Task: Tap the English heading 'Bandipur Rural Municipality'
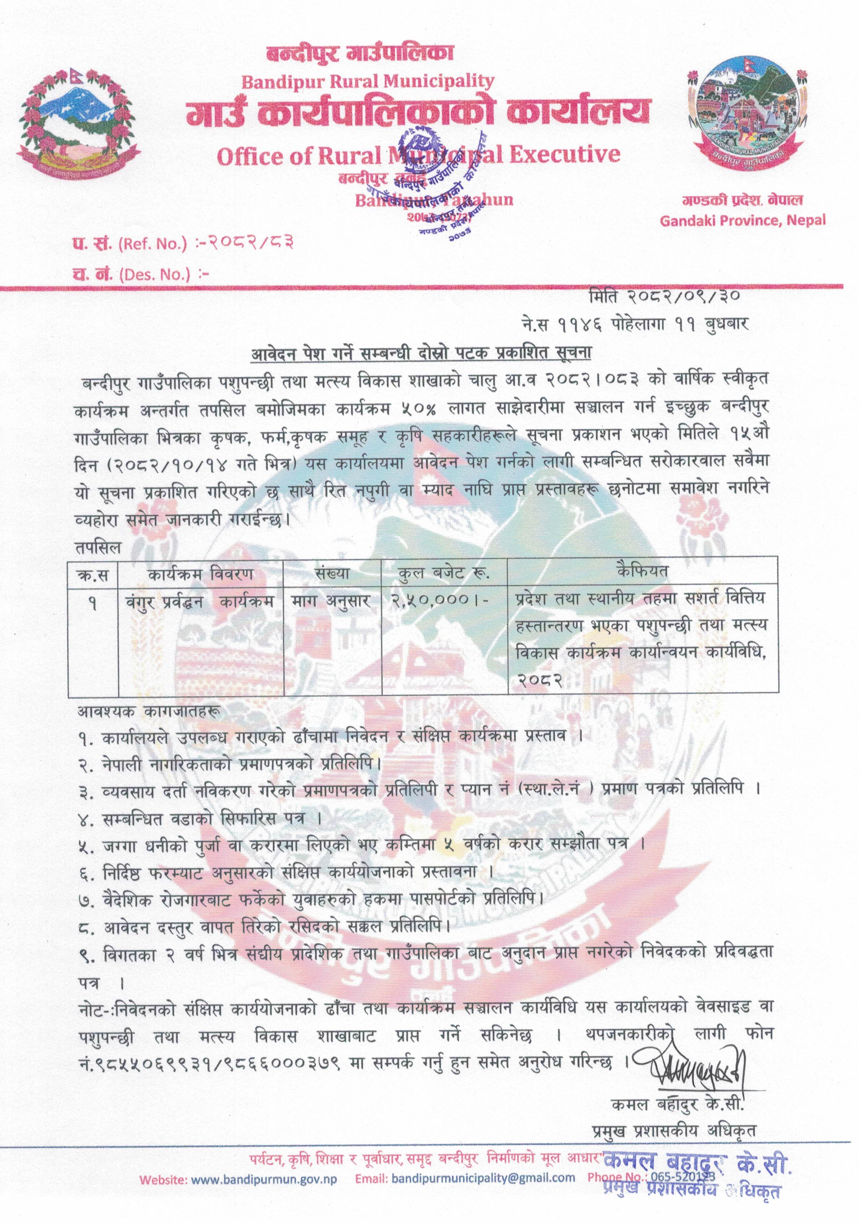coord(367,81)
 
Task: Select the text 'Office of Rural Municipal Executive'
coord(418,155)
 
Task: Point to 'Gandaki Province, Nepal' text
coord(742,220)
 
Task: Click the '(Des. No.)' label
coord(154,275)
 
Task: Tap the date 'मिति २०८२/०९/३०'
coord(665,295)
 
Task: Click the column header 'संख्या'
coord(332,574)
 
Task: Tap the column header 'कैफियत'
coord(642,571)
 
